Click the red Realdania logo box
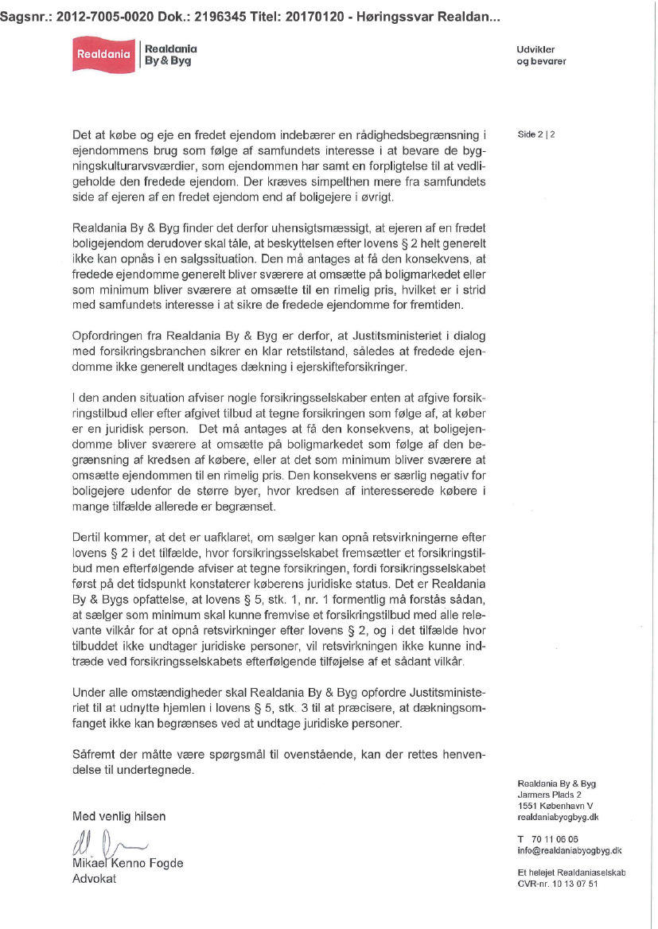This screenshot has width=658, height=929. click(103, 55)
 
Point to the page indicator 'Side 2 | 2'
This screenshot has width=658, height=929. click(536, 134)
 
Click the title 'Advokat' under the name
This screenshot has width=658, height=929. click(94, 879)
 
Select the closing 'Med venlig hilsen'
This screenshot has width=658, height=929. click(119, 816)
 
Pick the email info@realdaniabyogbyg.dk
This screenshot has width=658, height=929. click(569, 850)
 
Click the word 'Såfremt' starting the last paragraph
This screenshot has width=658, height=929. click(92, 753)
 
